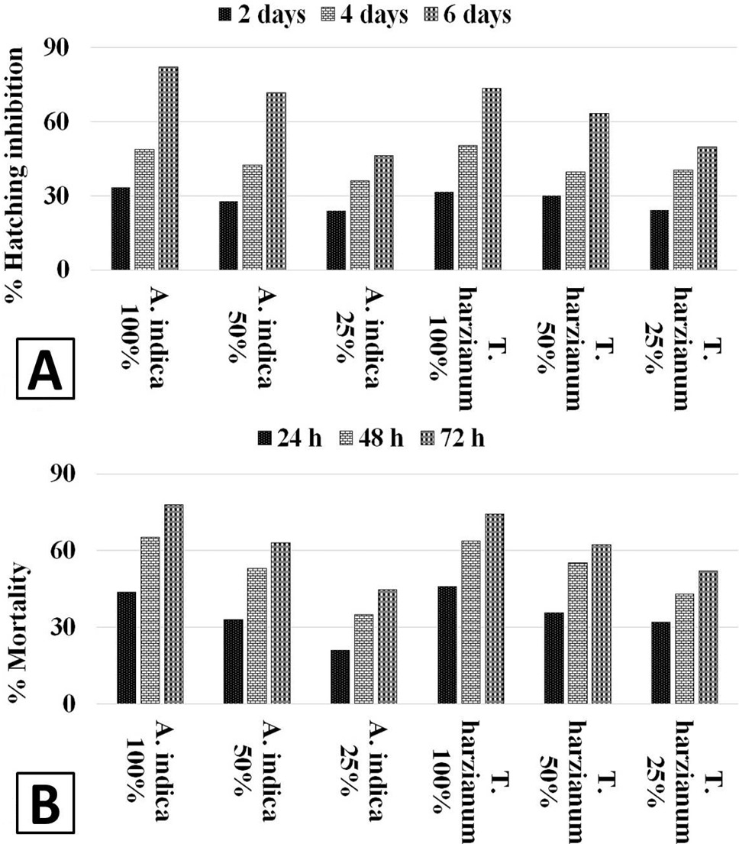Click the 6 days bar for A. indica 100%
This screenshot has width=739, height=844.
169,168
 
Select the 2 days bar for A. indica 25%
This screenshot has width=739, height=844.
336,240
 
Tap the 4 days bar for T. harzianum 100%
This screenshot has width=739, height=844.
467,207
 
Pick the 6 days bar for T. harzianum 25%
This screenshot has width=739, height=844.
707,208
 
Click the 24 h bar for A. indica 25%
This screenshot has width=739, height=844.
340,677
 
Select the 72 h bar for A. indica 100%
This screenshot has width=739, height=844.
174,604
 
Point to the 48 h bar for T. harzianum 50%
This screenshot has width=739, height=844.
578,633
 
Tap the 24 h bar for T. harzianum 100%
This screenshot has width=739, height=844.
447,645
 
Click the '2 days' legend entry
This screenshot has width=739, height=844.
262,15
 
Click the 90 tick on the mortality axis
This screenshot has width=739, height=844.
62,474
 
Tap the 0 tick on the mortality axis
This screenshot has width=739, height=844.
69,704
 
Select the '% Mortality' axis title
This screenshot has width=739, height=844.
18,633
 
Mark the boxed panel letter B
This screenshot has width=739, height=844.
45,803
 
